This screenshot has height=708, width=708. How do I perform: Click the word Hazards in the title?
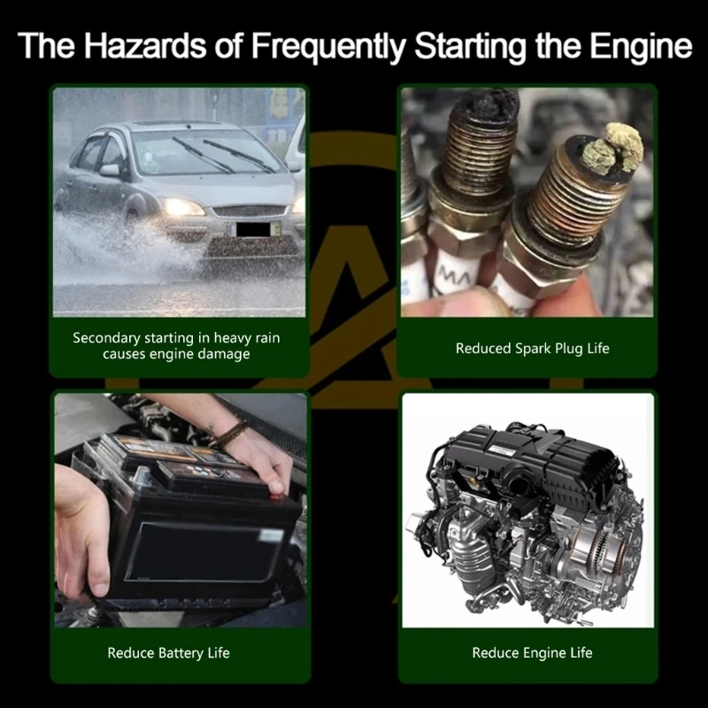tap(145, 45)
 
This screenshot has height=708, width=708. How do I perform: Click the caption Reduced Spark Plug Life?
tap(533, 349)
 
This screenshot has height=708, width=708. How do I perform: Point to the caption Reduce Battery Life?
tap(168, 653)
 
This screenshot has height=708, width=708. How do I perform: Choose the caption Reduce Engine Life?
tap(533, 653)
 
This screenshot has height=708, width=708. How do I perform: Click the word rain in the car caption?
tap(268, 337)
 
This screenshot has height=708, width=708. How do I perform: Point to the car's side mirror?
tap(110, 170)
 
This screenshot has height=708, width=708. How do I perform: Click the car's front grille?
tap(250, 211)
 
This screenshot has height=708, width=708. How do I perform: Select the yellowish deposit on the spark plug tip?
tap(613, 147)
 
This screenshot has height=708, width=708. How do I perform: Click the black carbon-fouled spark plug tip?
tap(487, 103)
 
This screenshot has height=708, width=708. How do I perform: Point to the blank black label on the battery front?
tap(204, 552)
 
